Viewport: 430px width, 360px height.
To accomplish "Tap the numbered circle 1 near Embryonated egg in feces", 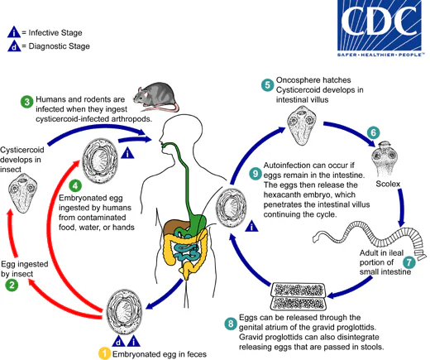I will coord(104,353).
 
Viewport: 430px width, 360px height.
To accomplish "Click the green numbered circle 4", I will coord(75,185).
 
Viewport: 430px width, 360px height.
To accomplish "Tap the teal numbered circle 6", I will coord(373,132).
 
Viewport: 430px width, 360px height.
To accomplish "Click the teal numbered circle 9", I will coord(255,175).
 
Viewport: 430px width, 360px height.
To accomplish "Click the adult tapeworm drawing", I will coord(368,231).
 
